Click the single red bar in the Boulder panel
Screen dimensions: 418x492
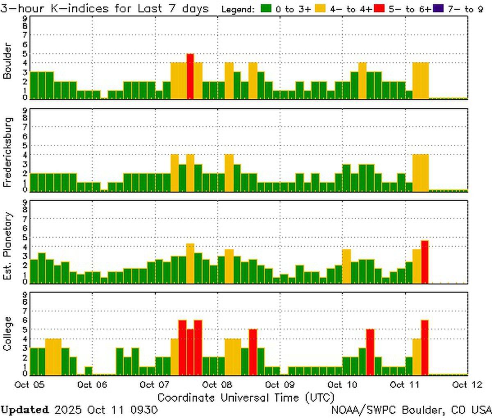(190, 76)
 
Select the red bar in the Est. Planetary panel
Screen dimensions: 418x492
(425, 262)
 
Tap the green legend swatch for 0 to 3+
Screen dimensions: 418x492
(267, 9)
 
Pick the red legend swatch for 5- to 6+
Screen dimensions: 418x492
(379, 9)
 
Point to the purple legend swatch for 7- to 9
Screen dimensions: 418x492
(438, 9)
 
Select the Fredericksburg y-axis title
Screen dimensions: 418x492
(7, 152)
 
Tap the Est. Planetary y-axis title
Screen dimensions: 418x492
(7, 246)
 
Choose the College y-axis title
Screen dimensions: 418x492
(7, 334)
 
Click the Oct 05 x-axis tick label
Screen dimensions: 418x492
(27, 384)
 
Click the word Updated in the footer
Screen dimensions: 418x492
(25, 410)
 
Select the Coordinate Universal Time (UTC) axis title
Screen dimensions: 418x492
(246, 398)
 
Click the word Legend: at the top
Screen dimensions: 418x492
(238, 9)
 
